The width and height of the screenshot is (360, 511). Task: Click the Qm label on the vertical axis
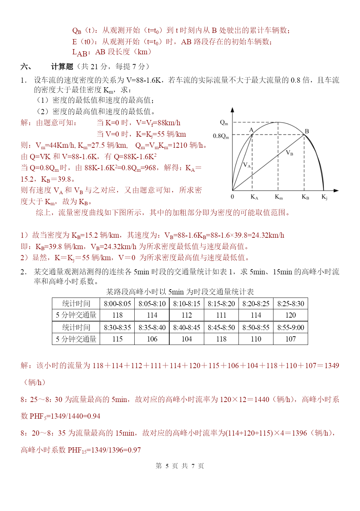coord(224,122)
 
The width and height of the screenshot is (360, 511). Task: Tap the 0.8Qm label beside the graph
coord(221,136)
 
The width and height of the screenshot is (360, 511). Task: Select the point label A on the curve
coord(252,130)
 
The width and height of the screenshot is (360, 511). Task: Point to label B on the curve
coord(307,131)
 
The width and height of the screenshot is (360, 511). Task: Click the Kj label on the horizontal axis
coord(324,197)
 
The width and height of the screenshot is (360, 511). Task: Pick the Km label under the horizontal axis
coord(279,197)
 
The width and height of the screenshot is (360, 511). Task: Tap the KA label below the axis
coord(254,197)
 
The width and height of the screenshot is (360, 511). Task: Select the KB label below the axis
coord(305,197)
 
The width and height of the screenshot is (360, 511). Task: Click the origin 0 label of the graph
coord(232,197)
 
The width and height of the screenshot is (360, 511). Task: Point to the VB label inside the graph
coord(290,153)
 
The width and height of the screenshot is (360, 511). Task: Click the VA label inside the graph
coord(247,165)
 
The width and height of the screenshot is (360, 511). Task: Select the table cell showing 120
coord(290,315)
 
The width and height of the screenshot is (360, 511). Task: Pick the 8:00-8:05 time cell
coord(117,304)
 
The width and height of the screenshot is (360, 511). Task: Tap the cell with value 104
coord(187,339)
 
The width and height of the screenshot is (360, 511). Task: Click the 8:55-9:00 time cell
coord(290,327)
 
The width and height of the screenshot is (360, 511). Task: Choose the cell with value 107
coord(290,339)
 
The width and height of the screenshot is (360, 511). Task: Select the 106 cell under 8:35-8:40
coord(152,339)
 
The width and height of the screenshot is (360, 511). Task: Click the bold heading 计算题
coord(62,66)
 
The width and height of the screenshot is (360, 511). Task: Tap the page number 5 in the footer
coord(167,466)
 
